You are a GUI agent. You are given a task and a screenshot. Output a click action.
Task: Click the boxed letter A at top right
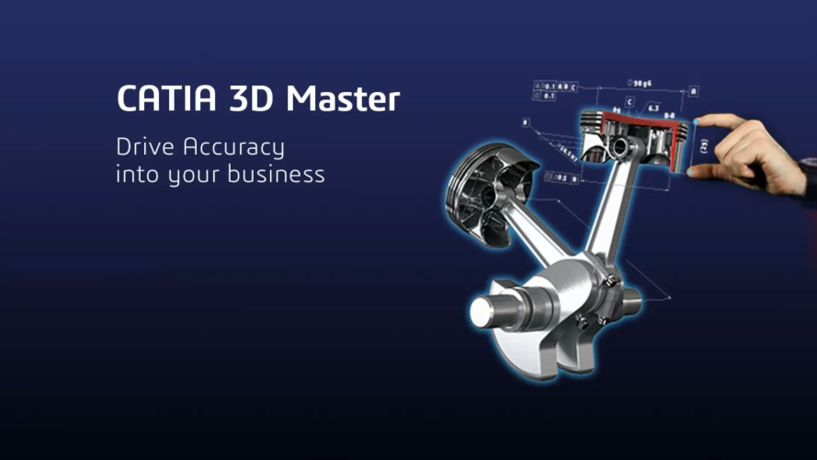(693, 91)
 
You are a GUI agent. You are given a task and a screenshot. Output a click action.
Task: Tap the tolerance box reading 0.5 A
(562, 178)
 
